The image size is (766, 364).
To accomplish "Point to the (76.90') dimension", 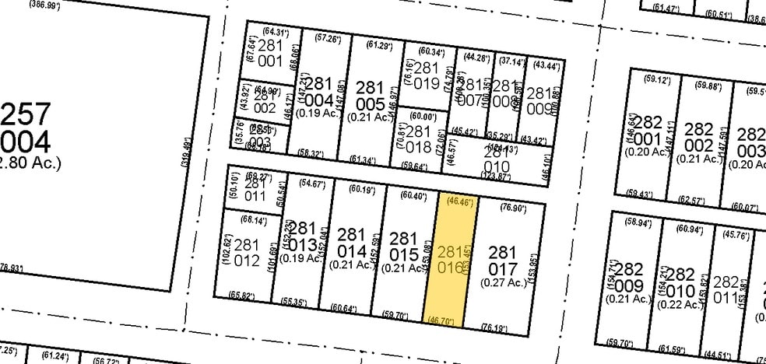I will [x=511, y=208].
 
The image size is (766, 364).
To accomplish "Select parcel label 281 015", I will [x=404, y=246].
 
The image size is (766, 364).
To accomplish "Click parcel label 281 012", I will [x=247, y=253].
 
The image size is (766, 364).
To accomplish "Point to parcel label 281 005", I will [x=369, y=96].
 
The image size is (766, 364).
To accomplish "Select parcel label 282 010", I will [x=680, y=282].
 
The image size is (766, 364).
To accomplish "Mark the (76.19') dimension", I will [x=494, y=328].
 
